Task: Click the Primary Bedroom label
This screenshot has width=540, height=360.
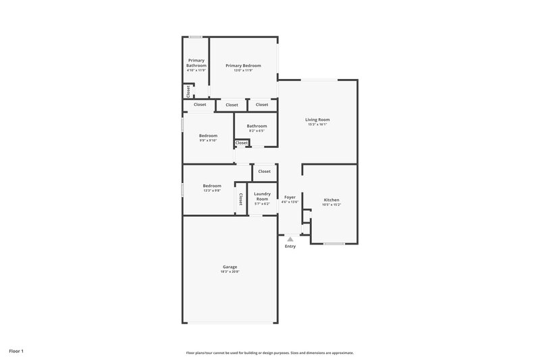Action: [243, 66]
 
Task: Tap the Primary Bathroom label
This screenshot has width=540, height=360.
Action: [196, 63]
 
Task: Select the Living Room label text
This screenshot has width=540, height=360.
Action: [317, 120]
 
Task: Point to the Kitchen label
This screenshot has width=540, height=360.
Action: [331, 200]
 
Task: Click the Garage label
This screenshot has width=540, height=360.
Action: [230, 267]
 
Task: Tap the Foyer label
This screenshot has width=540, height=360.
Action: [290, 197]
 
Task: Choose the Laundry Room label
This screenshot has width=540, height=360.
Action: [262, 196]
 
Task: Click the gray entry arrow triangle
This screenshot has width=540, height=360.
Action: [290, 238]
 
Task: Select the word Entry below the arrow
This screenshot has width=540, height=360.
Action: [290, 247]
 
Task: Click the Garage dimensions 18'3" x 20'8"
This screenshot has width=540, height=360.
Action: [230, 272]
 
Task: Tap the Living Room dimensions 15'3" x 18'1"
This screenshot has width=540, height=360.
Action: [317, 124]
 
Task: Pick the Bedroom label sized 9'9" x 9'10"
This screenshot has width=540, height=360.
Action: [208, 136]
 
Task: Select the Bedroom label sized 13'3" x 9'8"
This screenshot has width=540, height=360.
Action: [212, 186]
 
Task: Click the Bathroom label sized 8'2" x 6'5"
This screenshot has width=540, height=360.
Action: [256, 126]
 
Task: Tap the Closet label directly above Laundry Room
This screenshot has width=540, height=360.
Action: [264, 172]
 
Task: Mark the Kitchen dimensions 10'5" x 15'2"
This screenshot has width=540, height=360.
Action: [331, 205]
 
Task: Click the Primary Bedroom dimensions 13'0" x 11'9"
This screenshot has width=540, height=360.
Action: [243, 70]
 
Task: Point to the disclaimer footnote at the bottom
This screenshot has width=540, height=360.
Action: [270, 353]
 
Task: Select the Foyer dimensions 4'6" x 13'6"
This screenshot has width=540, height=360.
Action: [290, 201]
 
